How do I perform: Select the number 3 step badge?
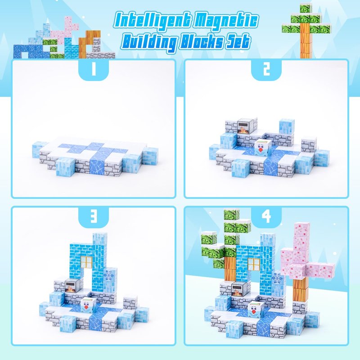point(94,216)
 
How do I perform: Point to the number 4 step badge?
point(266,216)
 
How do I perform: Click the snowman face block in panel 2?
point(262,148)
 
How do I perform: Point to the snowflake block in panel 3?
point(109,275)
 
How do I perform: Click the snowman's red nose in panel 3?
point(86,307)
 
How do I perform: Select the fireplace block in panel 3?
point(72,286)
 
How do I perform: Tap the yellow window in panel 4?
point(254,264)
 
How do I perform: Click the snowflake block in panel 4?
point(277,278)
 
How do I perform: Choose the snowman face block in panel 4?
point(255,310)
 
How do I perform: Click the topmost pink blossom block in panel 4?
point(302,229)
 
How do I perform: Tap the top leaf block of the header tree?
point(306,9)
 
